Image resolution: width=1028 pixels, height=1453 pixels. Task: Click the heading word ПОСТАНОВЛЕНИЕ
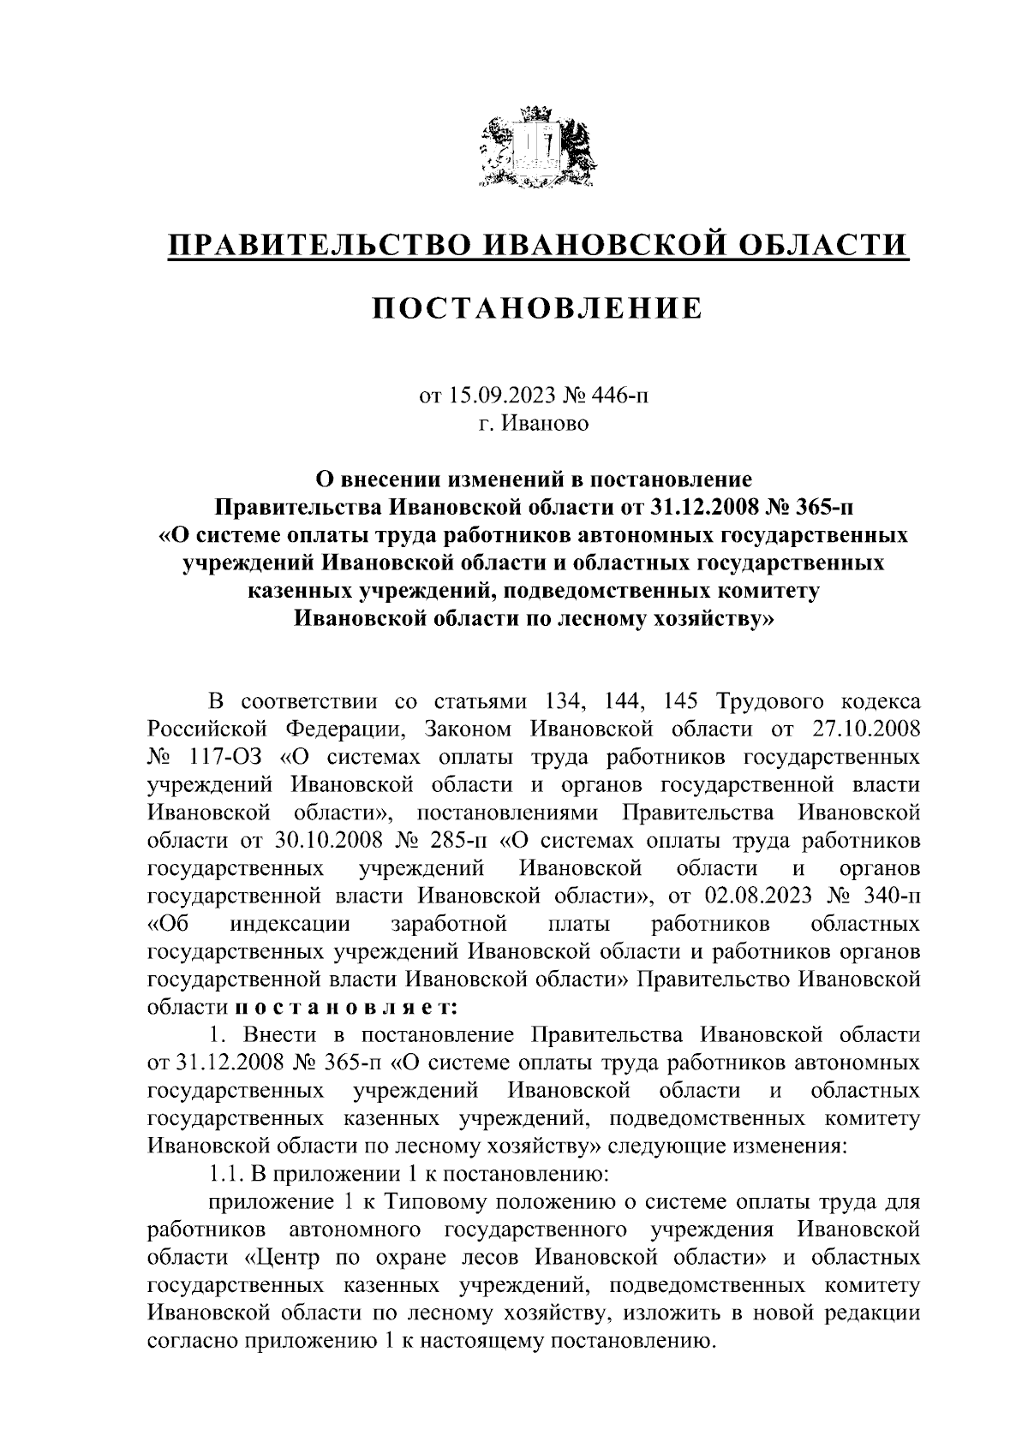pyautogui.click(x=535, y=307)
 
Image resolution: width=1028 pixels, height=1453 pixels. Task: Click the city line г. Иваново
pyautogui.click(x=535, y=424)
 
